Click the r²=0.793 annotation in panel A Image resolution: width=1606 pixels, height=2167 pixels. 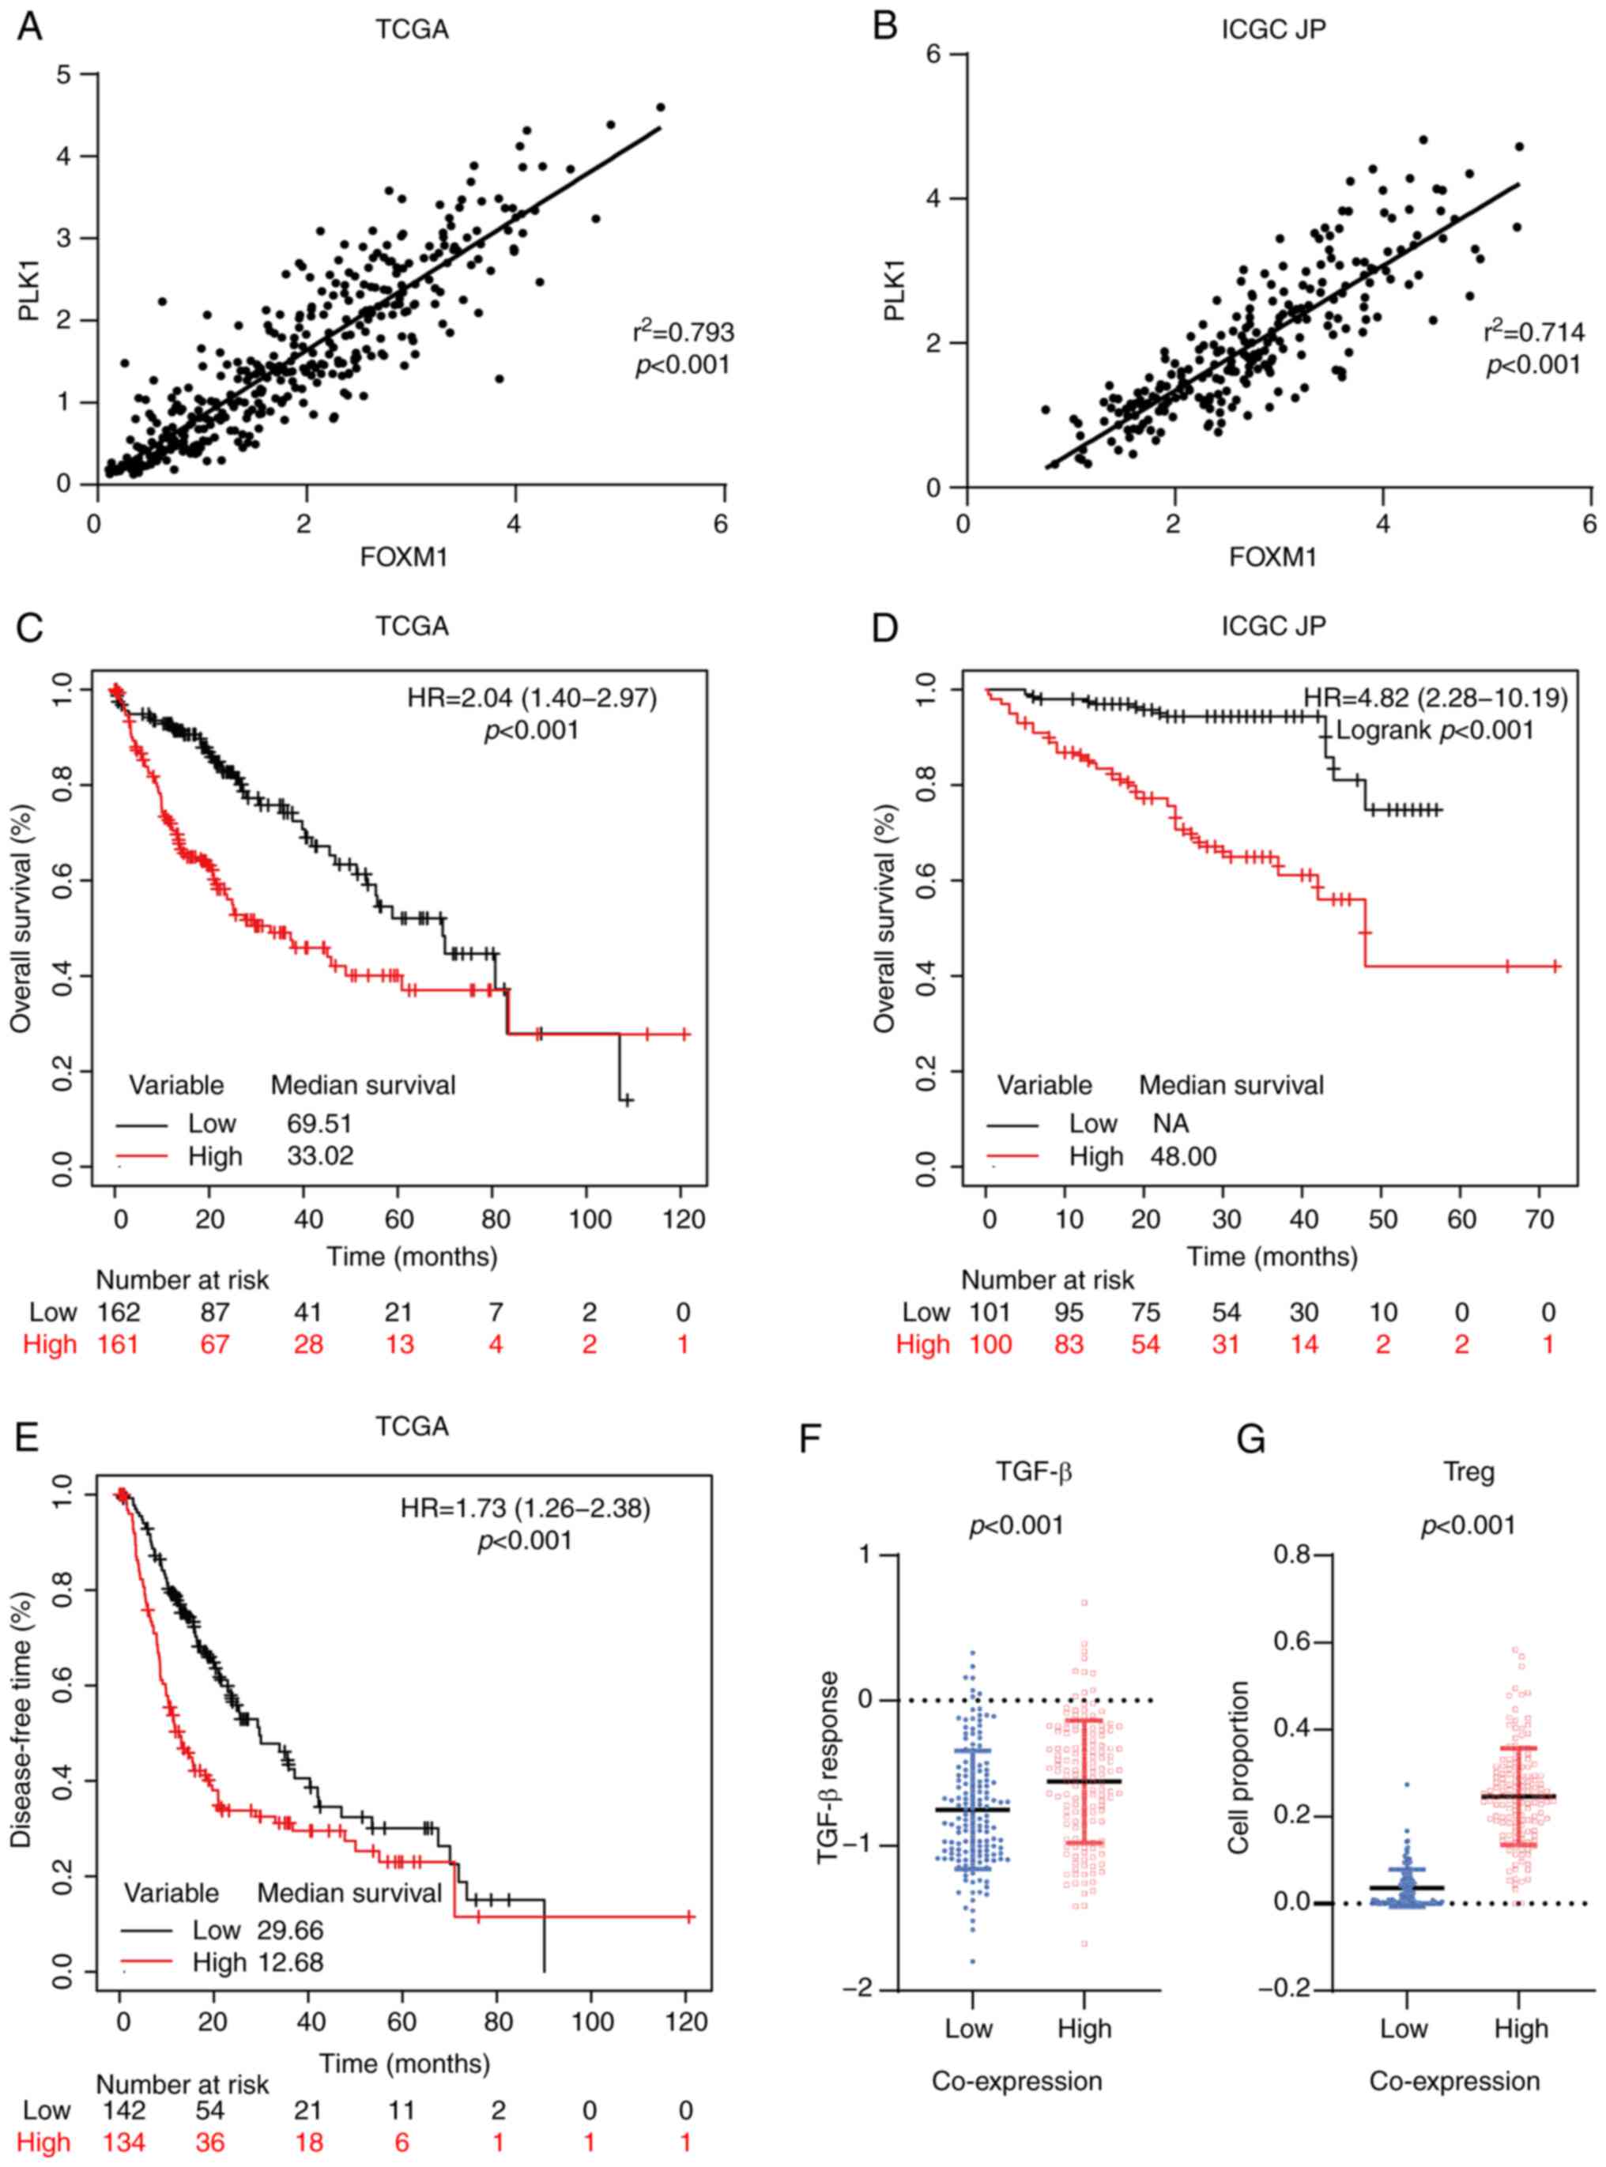(684, 334)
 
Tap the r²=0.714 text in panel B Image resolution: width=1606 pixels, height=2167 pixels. (1534, 334)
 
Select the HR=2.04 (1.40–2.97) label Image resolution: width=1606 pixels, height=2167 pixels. (532, 698)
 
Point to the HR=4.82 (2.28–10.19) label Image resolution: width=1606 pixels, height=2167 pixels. (1435, 698)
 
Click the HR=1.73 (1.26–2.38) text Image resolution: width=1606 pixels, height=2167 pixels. (525, 1508)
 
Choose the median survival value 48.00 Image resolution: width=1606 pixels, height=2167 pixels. (1183, 1157)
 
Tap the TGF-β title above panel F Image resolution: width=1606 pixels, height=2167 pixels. (1034, 1472)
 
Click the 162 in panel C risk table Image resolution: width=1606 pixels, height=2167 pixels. (119, 1313)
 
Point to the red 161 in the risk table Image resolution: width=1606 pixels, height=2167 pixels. (119, 1344)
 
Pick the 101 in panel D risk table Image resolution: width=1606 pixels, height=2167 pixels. (990, 1313)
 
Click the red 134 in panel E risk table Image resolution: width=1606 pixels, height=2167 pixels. (124, 2143)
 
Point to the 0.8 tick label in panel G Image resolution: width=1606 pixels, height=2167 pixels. (1293, 1555)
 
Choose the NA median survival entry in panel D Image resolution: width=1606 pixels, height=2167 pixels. (1171, 1124)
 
